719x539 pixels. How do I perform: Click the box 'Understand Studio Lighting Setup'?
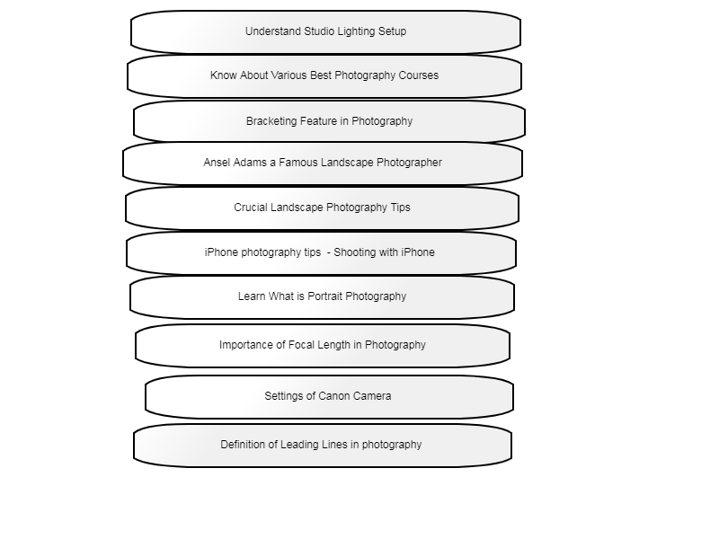coord(325,32)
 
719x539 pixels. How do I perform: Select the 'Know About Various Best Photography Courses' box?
coord(324,76)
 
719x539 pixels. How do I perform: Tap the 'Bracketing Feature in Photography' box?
coord(329,122)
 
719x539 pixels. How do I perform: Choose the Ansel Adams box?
coord(323,163)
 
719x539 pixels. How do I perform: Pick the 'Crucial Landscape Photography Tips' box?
coord(322,208)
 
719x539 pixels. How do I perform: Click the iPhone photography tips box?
coord(321,253)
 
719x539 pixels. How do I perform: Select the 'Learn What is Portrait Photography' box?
coord(322,297)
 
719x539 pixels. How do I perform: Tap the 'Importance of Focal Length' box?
coord(323,346)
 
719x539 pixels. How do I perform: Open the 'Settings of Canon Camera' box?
coord(329,397)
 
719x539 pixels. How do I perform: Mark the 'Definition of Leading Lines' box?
coord(323,446)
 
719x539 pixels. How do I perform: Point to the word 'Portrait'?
coord(324,296)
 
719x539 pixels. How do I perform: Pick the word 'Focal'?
coord(301,345)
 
